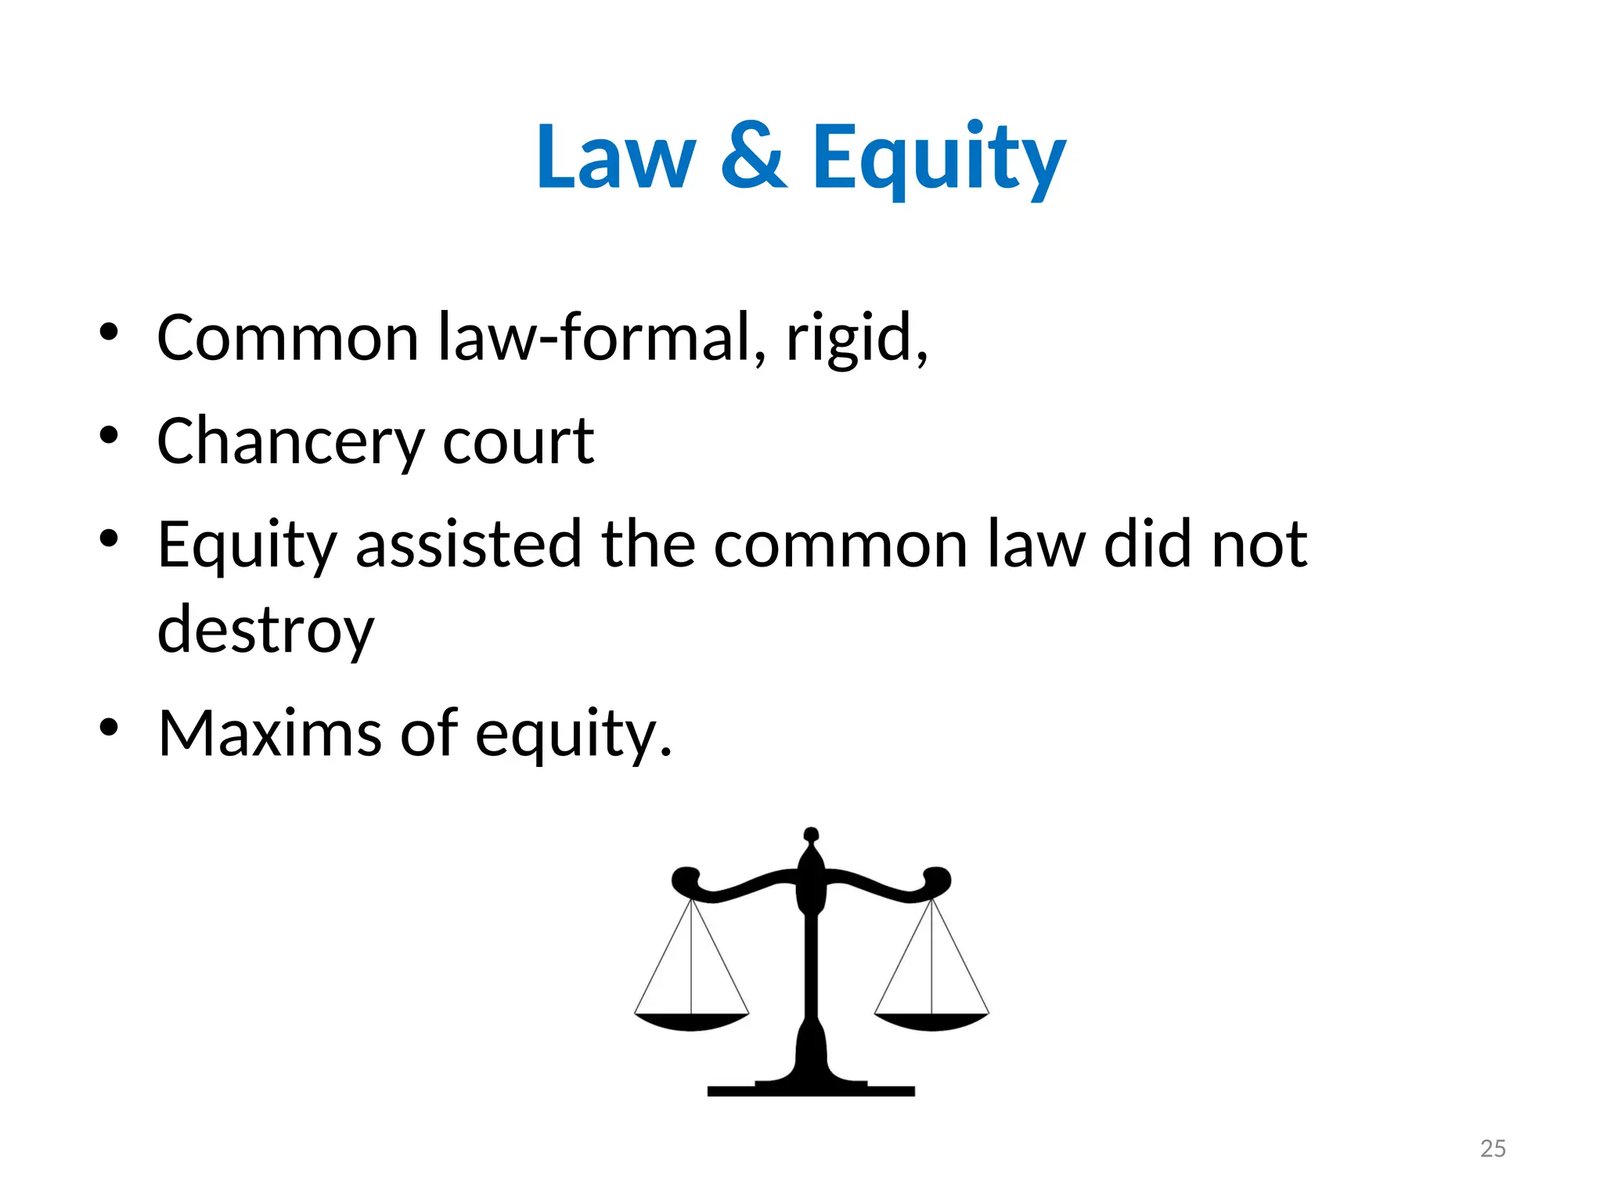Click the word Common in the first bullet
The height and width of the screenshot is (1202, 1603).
pos(287,337)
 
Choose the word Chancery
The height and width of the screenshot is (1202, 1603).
pos(290,441)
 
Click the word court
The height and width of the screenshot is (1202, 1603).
pos(517,441)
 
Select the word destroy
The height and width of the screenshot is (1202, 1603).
pos(265,630)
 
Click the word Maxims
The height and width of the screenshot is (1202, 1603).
pos(269,733)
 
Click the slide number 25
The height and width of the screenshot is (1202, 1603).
pos(1493,1149)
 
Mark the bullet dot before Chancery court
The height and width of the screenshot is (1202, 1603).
pos(109,435)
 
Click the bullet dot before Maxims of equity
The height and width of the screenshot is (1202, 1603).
pos(109,727)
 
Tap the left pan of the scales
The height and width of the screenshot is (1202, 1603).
pos(691,1020)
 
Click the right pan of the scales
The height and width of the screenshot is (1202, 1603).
pos(931,1020)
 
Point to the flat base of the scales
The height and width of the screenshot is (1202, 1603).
pos(811,1090)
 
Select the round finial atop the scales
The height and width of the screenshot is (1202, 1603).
pos(811,835)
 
